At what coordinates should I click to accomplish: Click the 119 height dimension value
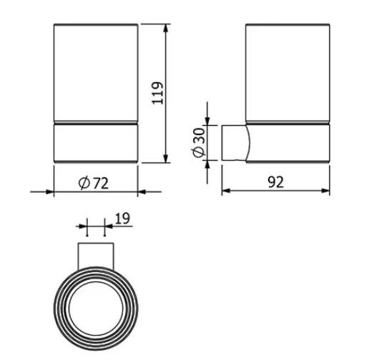coord(158,93)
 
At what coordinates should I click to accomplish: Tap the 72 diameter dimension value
coord(100,184)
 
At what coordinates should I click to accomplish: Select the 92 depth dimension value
coord(276,182)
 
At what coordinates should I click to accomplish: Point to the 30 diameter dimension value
coord(199,136)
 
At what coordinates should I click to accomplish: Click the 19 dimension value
coord(123,219)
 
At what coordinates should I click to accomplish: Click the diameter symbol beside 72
coord(84,183)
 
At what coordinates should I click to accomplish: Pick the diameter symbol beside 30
coord(199,151)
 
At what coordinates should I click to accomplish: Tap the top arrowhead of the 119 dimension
coord(166,29)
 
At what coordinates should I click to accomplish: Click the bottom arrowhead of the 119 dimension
coord(166,159)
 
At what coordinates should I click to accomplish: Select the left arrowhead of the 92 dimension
coord(226,191)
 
